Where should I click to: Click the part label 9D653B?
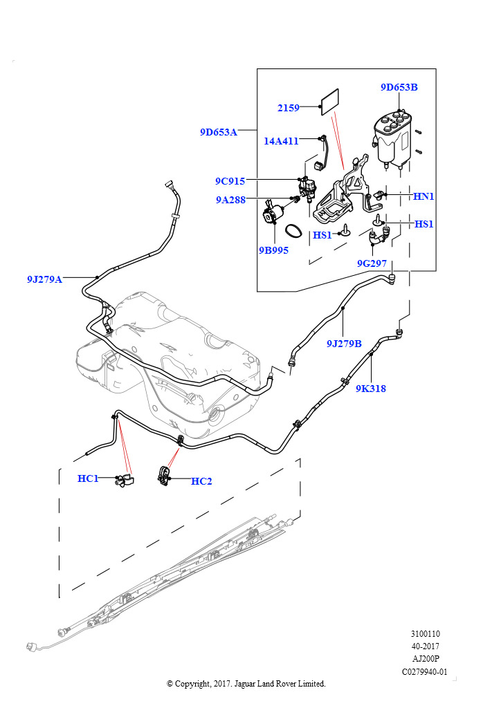399,88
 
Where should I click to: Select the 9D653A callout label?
218,132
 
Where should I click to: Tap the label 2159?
288,108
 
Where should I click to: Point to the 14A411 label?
281,141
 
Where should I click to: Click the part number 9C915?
230,182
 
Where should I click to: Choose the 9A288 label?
230,200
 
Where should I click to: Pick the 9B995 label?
273,250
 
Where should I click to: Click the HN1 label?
423,196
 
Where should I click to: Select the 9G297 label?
372,263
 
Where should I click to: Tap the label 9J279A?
44,279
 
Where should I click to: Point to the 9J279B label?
344,343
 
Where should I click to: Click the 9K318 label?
371,389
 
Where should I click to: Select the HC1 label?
88,478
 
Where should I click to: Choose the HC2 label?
201,481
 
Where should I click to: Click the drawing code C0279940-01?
425,671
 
